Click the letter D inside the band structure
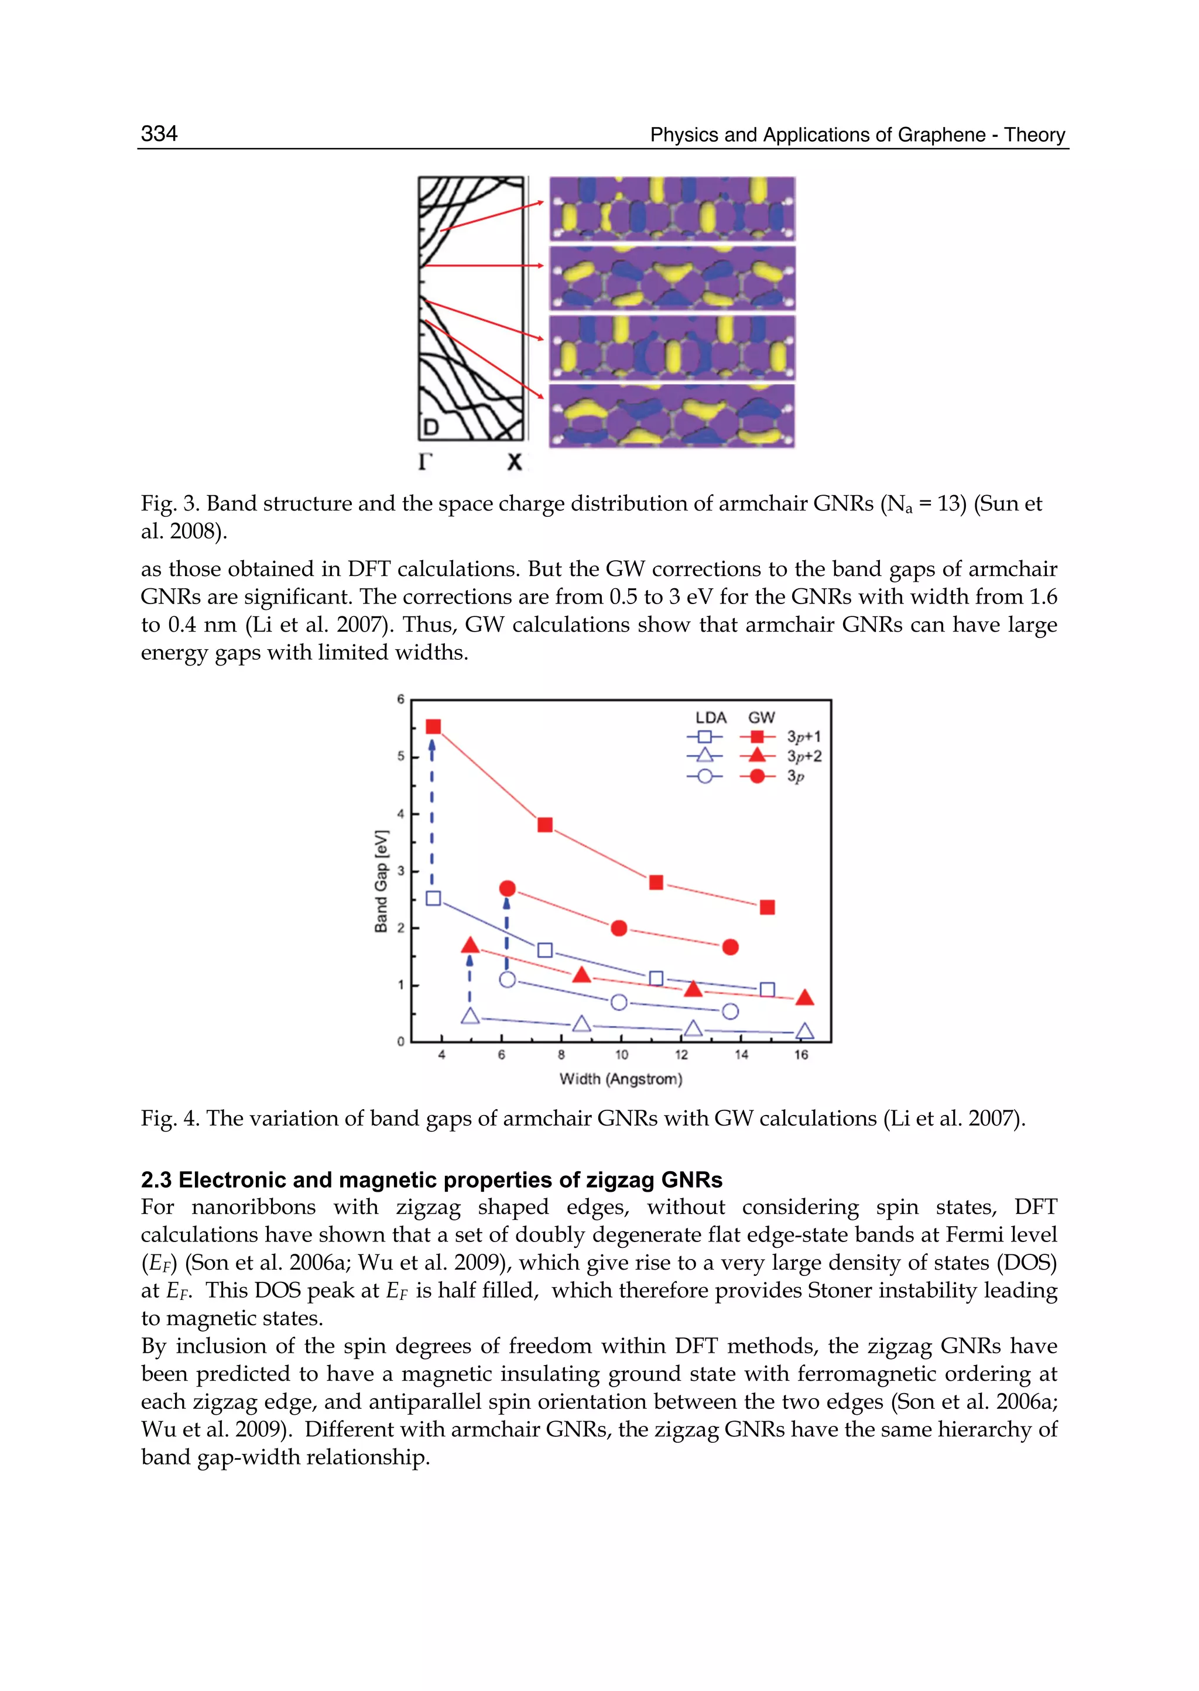coord(431,427)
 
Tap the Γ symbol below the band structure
coord(425,462)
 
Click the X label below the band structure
coord(515,462)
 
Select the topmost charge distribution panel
coord(672,209)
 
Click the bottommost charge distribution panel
coord(672,416)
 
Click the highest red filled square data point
coord(433,727)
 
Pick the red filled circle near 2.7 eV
coord(507,888)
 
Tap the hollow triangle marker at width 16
coord(805,1031)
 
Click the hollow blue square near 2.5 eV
coord(433,898)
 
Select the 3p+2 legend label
coord(804,756)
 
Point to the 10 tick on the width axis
coord(621,1055)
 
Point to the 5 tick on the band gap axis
coord(401,757)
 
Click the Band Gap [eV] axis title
coord(381,881)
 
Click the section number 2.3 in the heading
coord(156,1179)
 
